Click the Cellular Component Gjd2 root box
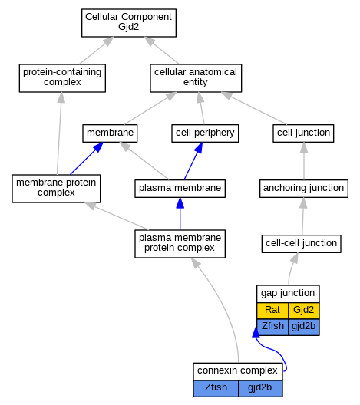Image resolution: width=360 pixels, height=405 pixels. click(x=129, y=23)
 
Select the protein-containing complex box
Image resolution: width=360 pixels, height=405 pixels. click(x=62, y=78)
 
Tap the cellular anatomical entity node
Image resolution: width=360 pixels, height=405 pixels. click(x=196, y=78)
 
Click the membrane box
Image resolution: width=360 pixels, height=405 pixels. click(x=110, y=133)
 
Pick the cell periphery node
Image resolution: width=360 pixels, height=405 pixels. click(x=205, y=133)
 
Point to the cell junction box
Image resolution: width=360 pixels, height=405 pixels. click(x=303, y=133)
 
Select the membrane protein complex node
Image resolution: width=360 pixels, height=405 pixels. click(x=56, y=189)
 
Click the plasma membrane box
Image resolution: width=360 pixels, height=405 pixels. click(x=180, y=189)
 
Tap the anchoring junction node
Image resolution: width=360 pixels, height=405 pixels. click(x=304, y=189)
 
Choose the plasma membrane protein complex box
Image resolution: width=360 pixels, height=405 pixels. click(x=180, y=244)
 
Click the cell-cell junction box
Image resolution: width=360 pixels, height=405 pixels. click(x=301, y=244)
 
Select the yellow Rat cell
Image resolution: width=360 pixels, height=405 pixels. click(x=272, y=311)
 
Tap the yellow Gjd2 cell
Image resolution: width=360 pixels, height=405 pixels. click(x=304, y=311)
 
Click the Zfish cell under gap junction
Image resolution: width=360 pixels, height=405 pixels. click(x=272, y=327)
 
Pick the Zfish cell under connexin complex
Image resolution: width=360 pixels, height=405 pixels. click(x=216, y=388)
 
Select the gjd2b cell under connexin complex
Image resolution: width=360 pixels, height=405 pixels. click(x=260, y=388)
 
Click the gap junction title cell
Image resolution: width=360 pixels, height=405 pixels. click(x=288, y=294)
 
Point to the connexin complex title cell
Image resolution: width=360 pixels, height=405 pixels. click(x=238, y=371)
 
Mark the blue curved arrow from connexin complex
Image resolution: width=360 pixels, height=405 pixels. click(x=273, y=349)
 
